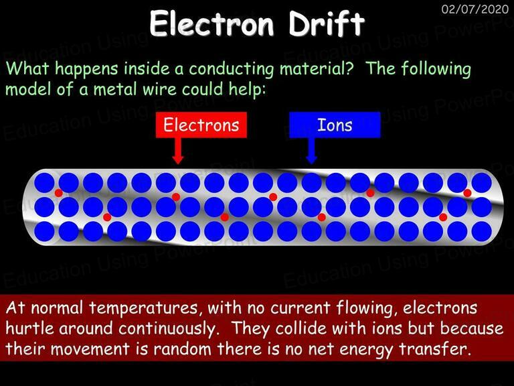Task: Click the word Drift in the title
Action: pyautogui.click(x=327, y=23)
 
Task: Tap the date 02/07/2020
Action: pyautogui.click(x=475, y=9)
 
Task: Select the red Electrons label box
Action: pyautogui.click(x=201, y=125)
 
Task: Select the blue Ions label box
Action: pyautogui.click(x=335, y=125)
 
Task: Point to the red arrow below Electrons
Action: pyautogui.click(x=177, y=151)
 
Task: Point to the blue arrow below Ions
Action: pyautogui.click(x=311, y=151)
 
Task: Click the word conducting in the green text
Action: pyautogui.click(x=231, y=69)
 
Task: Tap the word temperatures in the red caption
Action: pyautogui.click(x=143, y=308)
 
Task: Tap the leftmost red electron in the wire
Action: pyautogui.click(x=59, y=193)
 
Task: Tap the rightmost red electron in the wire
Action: pyautogui.click(x=467, y=193)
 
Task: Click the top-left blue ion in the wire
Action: pyautogui.click(x=44, y=182)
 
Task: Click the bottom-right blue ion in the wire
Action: pyautogui.click(x=482, y=231)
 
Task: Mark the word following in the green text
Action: pyautogui.click(x=436, y=69)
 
